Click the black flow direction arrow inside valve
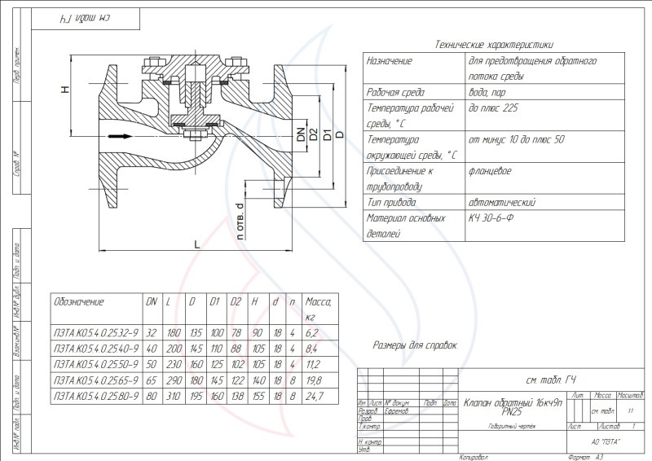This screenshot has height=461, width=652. point(120,136)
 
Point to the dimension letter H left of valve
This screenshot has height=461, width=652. point(65,90)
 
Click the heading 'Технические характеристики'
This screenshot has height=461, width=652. point(495,46)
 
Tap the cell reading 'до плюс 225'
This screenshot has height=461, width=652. point(495,108)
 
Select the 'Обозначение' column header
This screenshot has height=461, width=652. point(79,301)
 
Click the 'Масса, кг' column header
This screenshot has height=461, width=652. point(314,308)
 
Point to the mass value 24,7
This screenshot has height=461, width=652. point(314,396)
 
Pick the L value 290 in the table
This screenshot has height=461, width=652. point(173,380)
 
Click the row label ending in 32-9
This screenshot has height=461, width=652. point(91,332)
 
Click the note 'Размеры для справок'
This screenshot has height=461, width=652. point(415,345)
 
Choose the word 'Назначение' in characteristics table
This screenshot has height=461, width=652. point(390,61)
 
